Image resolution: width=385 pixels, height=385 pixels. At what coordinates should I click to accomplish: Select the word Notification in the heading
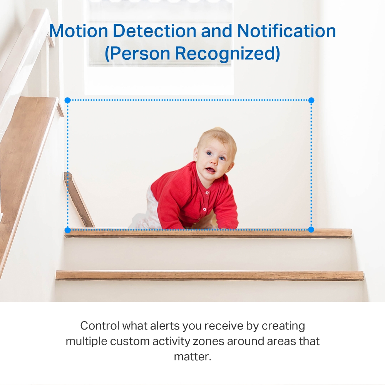click(286, 31)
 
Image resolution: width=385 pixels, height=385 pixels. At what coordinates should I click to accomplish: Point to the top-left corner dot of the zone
click(67, 100)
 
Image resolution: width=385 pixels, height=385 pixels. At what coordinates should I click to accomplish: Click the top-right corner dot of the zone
click(311, 100)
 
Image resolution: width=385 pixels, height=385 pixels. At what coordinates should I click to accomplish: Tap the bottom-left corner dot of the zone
click(67, 230)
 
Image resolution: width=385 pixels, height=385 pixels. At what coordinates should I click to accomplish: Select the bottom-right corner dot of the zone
click(311, 230)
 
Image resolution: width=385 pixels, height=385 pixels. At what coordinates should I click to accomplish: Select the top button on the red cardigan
click(207, 192)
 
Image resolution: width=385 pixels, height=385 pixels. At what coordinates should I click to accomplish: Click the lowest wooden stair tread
click(210, 275)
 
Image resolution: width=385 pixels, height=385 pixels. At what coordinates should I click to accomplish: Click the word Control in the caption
click(100, 326)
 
